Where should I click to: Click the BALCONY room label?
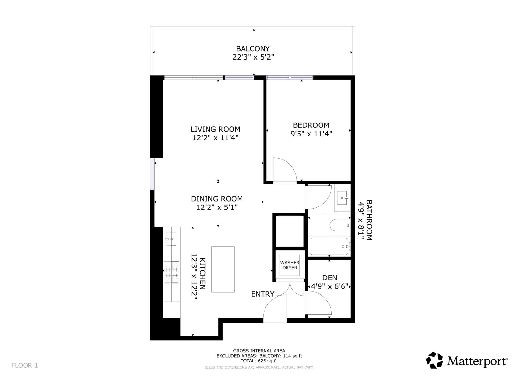click(253, 49)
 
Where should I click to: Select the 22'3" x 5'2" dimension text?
click(253, 57)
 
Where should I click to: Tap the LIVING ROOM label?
click(215, 129)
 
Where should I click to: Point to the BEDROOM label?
click(311, 125)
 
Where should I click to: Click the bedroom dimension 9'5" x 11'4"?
click(311, 134)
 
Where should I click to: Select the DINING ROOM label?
click(217, 199)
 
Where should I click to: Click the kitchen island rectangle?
click(223, 269)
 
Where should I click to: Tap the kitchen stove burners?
click(172, 272)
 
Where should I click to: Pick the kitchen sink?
click(171, 239)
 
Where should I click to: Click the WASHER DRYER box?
click(290, 265)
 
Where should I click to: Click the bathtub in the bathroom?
click(329, 247)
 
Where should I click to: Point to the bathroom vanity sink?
click(343, 198)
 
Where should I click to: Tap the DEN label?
click(330, 278)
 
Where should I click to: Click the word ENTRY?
click(263, 294)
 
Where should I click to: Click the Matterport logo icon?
click(434, 360)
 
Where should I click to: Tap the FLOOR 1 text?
click(25, 365)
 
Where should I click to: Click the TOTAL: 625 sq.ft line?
click(259, 360)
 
